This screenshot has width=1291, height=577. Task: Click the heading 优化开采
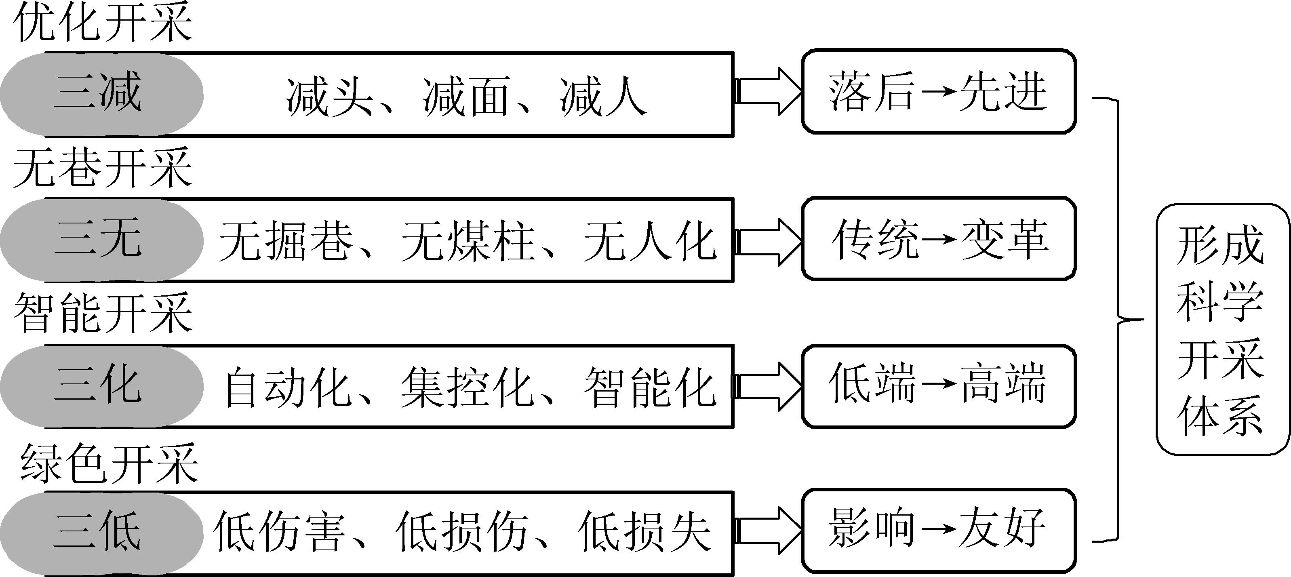tap(103, 23)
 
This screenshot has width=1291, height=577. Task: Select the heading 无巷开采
tap(103, 168)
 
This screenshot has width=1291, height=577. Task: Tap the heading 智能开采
tap(103, 313)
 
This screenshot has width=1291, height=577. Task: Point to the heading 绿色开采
tap(109, 464)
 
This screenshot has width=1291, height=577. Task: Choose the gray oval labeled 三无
tap(100, 240)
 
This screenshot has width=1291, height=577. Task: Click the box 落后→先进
tap(938, 92)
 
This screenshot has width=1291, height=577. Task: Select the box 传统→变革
tap(938, 239)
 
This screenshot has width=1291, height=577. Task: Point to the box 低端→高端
tap(938, 385)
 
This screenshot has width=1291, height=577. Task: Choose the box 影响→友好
tap(938, 531)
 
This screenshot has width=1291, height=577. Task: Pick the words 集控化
tap(466, 387)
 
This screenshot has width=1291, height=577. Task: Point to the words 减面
tap(466, 97)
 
